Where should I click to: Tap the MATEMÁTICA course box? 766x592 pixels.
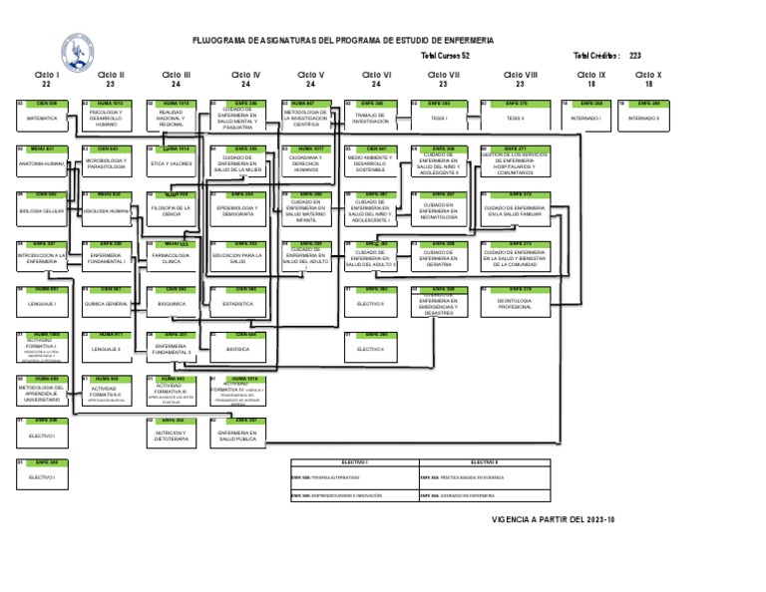42,118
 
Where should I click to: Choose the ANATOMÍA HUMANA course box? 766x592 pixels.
42,162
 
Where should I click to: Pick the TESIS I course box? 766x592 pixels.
439,118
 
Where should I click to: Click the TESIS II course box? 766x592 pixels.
515,118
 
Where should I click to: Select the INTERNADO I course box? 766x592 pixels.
585,118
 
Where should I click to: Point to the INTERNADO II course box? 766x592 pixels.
643,118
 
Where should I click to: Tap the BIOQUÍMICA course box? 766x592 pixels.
172,302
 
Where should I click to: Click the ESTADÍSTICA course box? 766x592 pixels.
237,302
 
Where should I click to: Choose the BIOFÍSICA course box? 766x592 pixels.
237,349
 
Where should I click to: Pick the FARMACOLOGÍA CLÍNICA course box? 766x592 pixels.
172,257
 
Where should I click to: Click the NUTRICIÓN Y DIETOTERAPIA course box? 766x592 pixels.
172,435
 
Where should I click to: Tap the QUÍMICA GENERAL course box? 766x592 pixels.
106,302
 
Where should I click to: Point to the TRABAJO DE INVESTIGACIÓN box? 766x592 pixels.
370,118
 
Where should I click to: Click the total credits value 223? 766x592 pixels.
635,56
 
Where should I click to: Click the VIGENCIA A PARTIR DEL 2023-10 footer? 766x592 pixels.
554,519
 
